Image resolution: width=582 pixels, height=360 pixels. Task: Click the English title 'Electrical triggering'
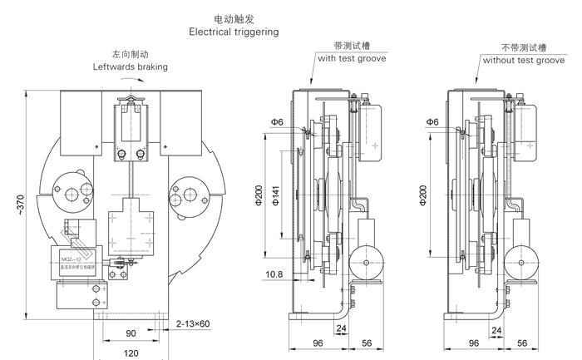234,32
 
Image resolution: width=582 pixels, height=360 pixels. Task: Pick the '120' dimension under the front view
131,352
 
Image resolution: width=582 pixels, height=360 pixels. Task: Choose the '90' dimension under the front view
131,333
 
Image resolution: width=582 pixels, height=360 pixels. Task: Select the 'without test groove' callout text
520,60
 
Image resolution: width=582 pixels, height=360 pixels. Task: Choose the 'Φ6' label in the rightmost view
432,122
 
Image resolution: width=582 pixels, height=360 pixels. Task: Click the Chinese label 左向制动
129,51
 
